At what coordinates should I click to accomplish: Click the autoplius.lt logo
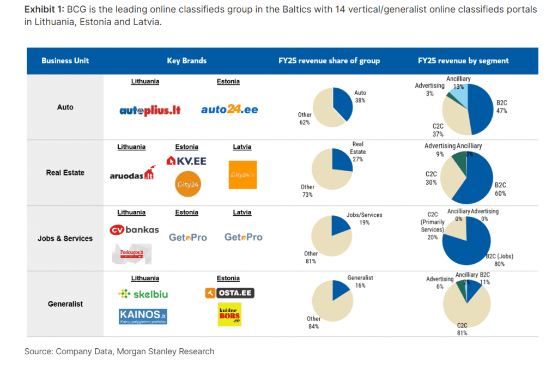pyautogui.click(x=150, y=111)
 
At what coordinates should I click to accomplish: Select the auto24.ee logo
pyautogui.click(x=229, y=110)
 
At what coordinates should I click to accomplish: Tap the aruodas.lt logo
pyautogui.click(x=131, y=174)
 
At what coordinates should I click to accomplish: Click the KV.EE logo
pyautogui.click(x=186, y=161)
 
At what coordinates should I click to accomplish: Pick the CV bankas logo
pyautogui.click(x=134, y=229)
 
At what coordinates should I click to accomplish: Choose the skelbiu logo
pyautogui.click(x=143, y=294)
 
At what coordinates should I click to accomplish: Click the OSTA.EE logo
pyautogui.click(x=229, y=293)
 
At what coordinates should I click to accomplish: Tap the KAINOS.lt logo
pyautogui.click(x=143, y=315)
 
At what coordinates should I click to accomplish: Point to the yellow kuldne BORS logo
pyautogui.click(x=229, y=314)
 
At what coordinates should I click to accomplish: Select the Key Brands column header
pyautogui.click(x=186, y=61)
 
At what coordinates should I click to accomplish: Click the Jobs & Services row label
pyautogui.click(x=65, y=239)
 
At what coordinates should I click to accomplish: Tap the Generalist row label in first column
pyautogui.click(x=65, y=304)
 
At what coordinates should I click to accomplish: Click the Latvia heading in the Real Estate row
pyautogui.click(x=242, y=147)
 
